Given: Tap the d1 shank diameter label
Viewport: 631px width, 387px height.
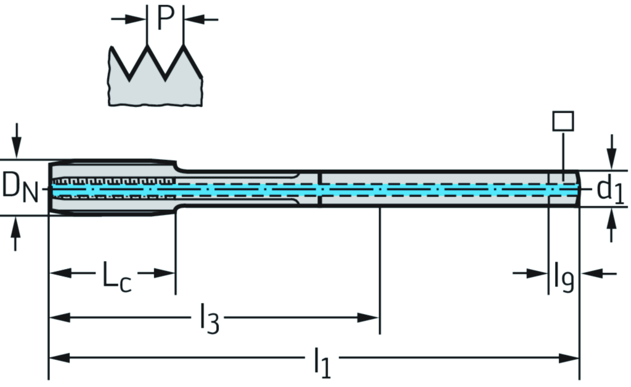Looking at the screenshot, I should click(610, 191).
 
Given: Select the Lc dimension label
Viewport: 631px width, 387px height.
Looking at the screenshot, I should click(116, 277).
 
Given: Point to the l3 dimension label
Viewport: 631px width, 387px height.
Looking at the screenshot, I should click(208, 321).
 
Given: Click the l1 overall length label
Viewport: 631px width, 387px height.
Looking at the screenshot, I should click(322, 363).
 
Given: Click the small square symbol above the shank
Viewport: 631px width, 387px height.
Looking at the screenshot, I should click(563, 121).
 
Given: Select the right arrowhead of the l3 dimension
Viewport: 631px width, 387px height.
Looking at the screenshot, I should click(370, 317).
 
